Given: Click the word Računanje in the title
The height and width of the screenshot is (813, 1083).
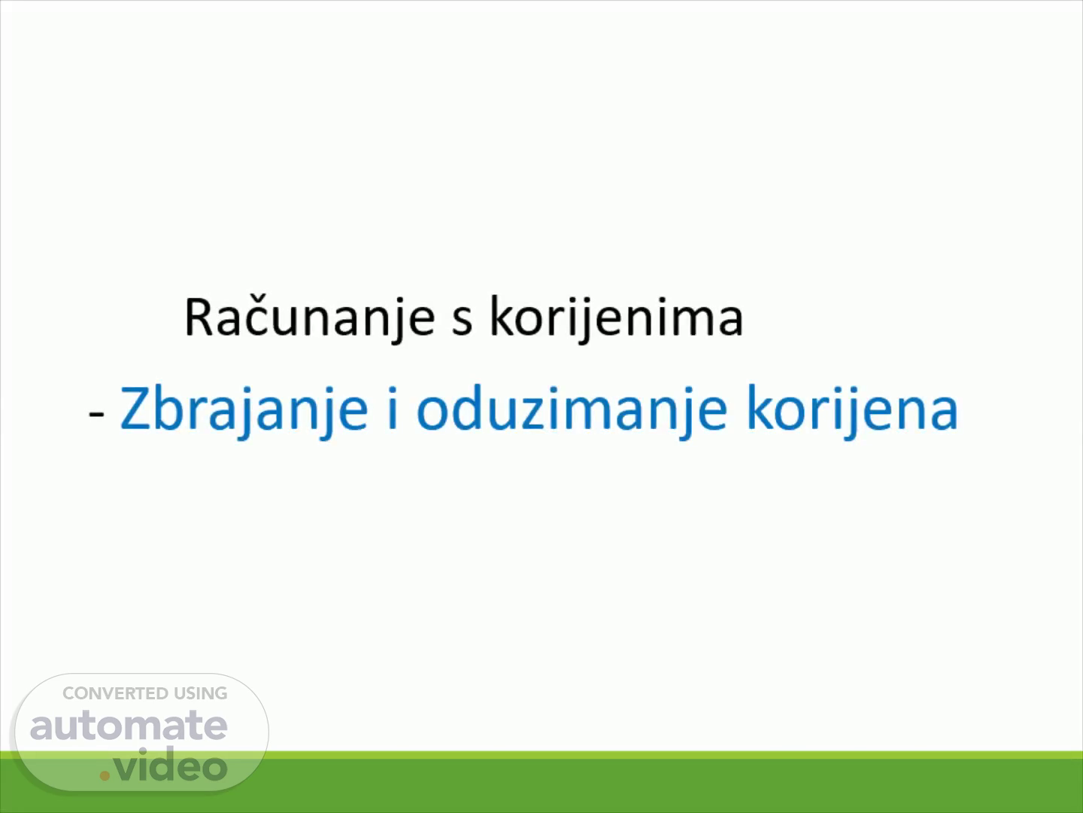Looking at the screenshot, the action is click(310, 318).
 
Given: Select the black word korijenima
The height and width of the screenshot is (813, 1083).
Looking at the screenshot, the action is click(616, 318).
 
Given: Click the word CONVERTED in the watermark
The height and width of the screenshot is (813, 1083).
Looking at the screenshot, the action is click(108, 693).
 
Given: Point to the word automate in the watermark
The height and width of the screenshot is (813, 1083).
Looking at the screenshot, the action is click(129, 726).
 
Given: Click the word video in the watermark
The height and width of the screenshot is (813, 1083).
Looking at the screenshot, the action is click(170, 765).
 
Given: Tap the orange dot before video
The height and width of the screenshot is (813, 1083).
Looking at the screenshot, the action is click(105, 775).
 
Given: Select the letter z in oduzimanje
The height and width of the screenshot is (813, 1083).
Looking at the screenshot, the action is click(536, 414).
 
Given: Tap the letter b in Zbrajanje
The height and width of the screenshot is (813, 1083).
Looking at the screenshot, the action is click(169, 407).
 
